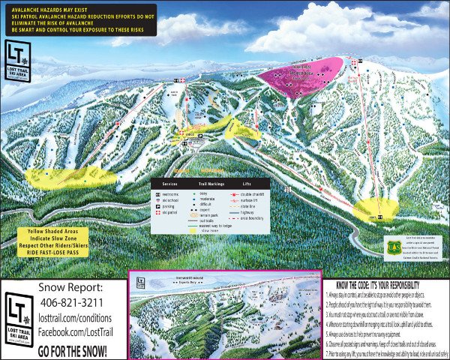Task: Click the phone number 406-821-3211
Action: [x=72, y=301]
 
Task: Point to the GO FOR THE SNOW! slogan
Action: [x=72, y=349]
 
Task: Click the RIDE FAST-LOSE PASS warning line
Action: [x=64, y=253]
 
